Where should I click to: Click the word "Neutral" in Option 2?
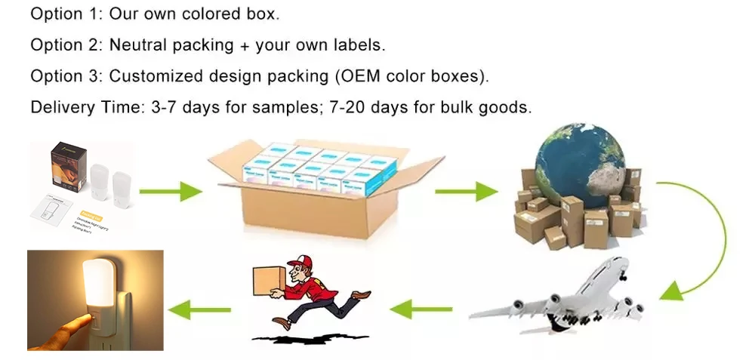137,45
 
